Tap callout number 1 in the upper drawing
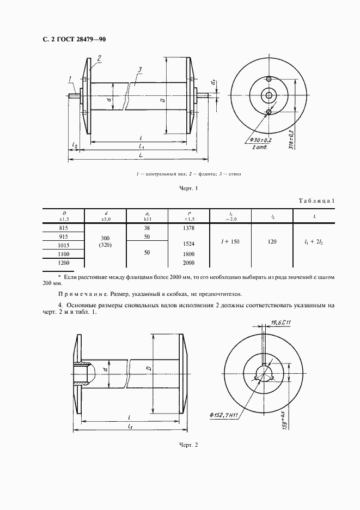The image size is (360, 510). click(x=71, y=80)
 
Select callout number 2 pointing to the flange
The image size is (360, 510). click(x=99, y=57)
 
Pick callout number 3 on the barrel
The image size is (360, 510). click(x=140, y=69)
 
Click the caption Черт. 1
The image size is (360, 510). click(x=188, y=189)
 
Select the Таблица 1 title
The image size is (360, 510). click(x=316, y=202)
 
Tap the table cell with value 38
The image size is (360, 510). click(x=147, y=228)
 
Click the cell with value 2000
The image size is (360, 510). click(x=188, y=263)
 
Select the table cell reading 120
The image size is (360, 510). click(x=272, y=241)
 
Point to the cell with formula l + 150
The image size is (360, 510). click(x=230, y=241)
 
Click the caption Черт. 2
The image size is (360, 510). click(x=188, y=446)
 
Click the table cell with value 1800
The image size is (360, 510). click(x=188, y=253)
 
